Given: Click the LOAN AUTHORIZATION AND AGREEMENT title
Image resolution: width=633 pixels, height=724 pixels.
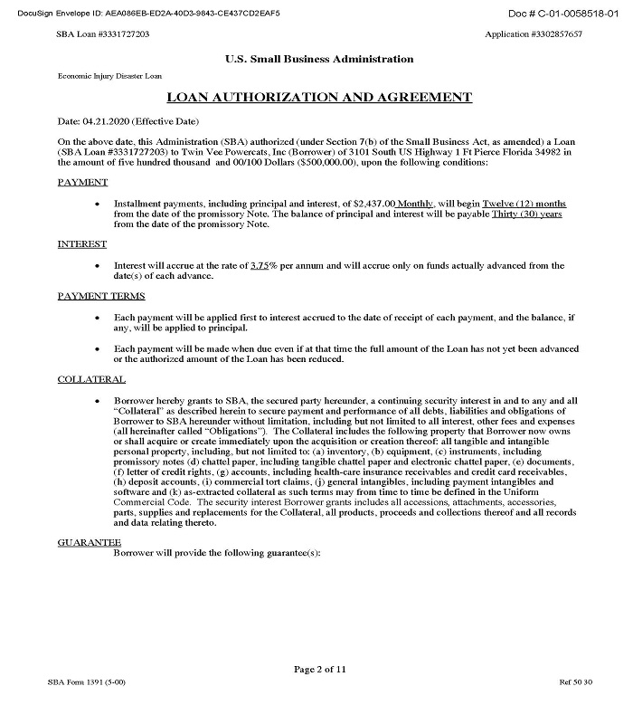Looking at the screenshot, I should coord(319,97).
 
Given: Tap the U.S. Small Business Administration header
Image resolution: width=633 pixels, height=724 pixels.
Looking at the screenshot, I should coord(319,59).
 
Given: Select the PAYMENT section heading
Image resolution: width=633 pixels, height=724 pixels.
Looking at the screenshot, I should coord(82,183).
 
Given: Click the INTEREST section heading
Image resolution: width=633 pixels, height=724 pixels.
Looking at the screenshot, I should coord(82,244).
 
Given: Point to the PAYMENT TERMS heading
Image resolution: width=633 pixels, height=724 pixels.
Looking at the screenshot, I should coord(101,296).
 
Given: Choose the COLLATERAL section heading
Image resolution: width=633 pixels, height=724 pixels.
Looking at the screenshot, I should coord(91,379).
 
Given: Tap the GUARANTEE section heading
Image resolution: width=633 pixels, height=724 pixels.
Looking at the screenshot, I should coord(90,541).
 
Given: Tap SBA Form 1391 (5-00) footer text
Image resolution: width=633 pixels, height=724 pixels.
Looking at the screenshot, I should coord(87,705).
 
